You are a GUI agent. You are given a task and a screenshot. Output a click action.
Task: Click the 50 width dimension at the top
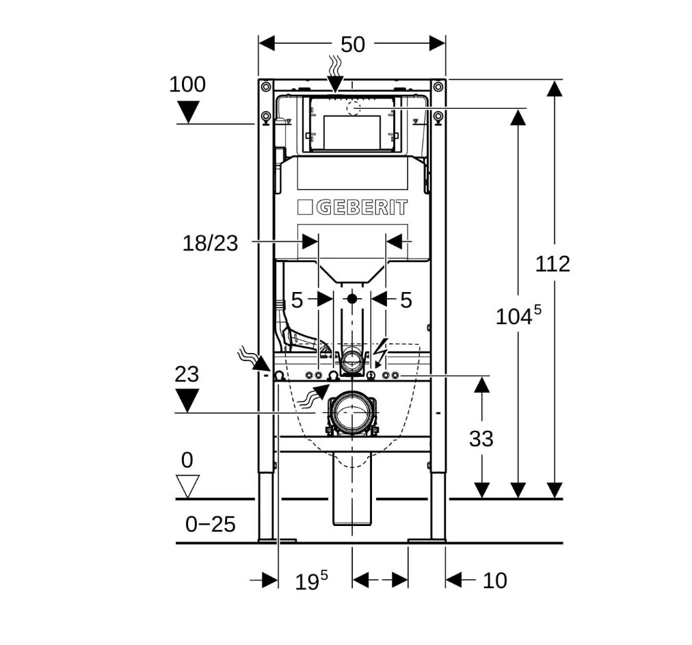(x=353, y=44)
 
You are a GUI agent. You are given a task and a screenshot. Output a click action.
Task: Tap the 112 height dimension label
(x=553, y=263)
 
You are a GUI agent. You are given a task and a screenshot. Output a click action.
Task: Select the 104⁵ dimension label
(x=518, y=315)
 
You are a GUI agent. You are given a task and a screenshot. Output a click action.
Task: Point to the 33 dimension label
(x=481, y=438)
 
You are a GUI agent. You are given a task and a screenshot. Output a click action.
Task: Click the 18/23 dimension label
(x=210, y=243)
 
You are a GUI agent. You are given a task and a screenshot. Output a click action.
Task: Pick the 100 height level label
(x=187, y=84)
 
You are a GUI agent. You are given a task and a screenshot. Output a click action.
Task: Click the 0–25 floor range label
(x=211, y=524)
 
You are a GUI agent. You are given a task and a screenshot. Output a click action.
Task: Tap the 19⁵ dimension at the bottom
(x=311, y=580)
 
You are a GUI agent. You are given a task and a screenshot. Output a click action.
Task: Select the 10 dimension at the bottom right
(x=495, y=581)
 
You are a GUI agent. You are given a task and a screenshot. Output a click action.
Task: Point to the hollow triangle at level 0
(x=187, y=486)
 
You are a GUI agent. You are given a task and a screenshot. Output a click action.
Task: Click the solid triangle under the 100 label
(x=188, y=112)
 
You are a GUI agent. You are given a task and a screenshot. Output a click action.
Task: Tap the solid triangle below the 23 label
(x=187, y=400)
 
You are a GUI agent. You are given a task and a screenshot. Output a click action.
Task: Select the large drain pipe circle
(x=351, y=413)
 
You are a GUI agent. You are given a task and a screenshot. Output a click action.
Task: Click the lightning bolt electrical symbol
(x=380, y=349)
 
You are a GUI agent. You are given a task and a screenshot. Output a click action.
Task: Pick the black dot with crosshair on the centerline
(x=351, y=299)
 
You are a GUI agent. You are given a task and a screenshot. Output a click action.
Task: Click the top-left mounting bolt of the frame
(x=266, y=87)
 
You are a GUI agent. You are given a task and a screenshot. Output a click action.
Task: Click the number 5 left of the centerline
(x=297, y=301)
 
